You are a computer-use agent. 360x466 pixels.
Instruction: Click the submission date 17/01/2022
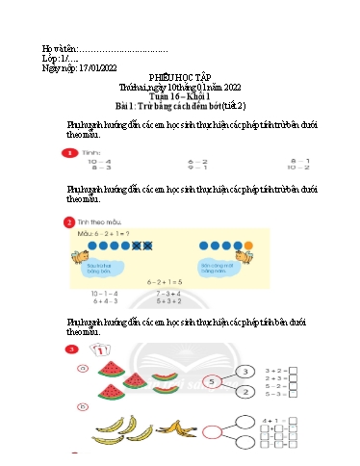[93, 69]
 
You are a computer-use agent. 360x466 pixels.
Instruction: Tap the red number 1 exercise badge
[68, 154]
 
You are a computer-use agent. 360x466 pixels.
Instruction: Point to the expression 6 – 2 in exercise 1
[198, 161]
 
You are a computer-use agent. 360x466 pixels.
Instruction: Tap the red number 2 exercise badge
[68, 222]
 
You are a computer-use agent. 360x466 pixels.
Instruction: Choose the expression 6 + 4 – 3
[106, 300]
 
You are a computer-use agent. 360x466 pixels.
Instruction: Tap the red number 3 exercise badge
[69, 348]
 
